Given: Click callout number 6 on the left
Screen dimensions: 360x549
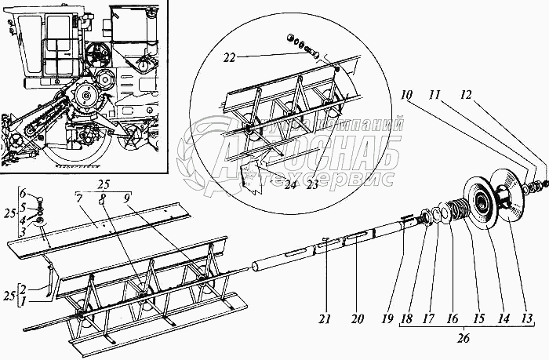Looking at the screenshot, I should click(x=24, y=193).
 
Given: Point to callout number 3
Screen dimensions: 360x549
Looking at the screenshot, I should click(x=24, y=233).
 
